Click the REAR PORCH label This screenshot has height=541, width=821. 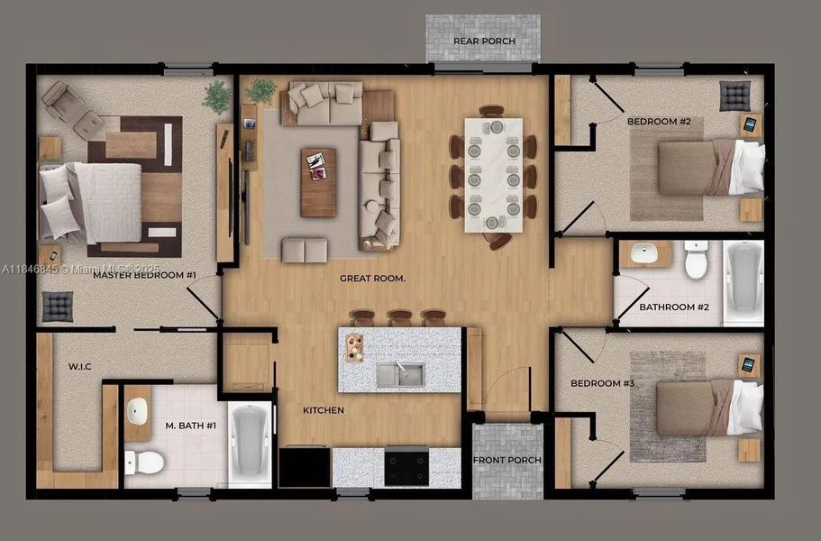tap(484, 41)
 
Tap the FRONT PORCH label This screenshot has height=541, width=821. tap(507, 461)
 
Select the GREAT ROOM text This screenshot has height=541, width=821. tap(372, 279)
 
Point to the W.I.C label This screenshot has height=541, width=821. tap(81, 367)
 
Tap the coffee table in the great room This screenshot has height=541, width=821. tap(317, 182)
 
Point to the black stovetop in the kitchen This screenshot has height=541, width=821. tap(406, 464)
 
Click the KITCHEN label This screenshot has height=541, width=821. tap(324, 410)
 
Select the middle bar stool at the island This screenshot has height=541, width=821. tap(399, 317)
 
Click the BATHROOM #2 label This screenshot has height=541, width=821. tap(674, 307)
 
